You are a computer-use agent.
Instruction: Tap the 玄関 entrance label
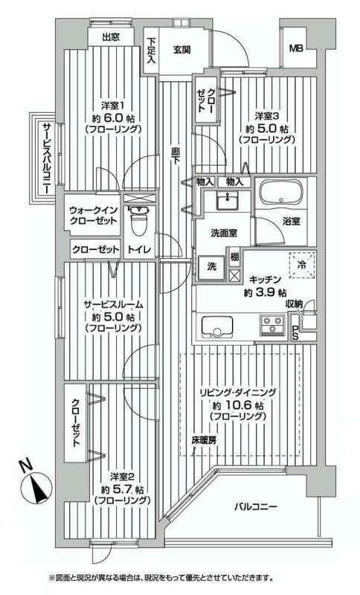coord(183,50)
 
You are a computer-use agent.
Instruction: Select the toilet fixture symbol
coord(138,220)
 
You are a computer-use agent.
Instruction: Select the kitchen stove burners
coord(271,325)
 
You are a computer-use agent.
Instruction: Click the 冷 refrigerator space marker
coord(302,263)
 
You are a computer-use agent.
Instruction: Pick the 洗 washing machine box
coord(210,267)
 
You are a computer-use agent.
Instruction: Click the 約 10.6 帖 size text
coord(238,405)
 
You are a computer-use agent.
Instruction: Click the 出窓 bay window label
coord(112,36)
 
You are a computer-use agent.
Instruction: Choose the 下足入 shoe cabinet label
coord(151,51)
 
